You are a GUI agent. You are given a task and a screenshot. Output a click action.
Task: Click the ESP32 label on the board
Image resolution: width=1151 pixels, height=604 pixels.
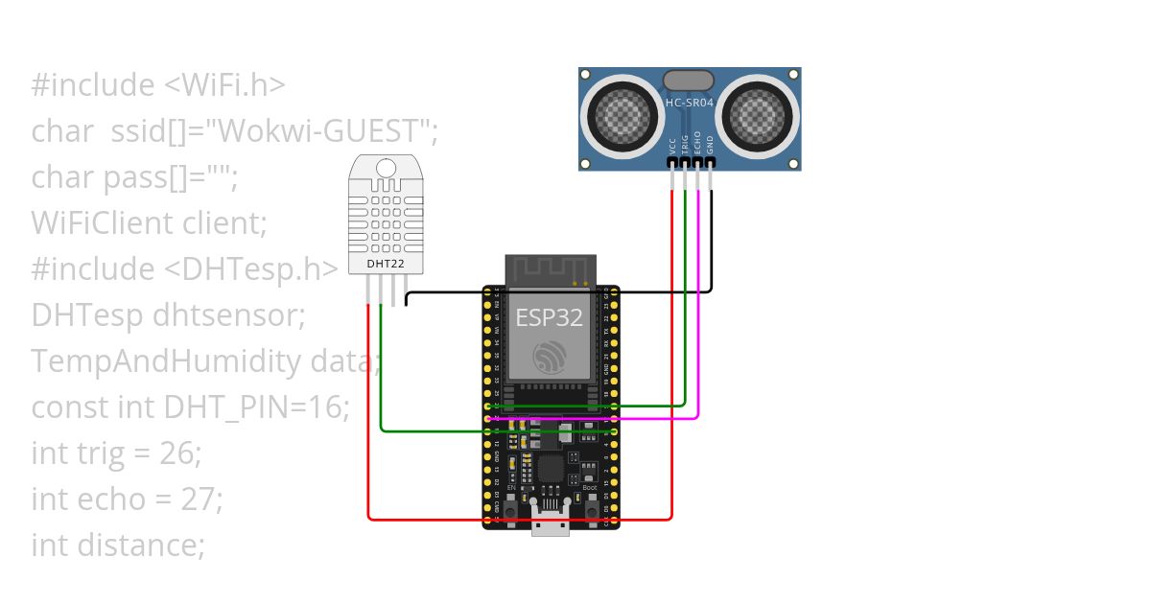[x=550, y=317]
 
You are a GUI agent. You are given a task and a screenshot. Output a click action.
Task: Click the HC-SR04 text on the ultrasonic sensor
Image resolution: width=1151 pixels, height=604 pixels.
[x=690, y=101]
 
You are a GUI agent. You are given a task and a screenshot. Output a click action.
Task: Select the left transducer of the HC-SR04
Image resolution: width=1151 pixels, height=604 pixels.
[x=622, y=114]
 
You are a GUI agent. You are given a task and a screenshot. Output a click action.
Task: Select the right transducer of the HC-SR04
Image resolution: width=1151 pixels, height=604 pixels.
[x=757, y=114]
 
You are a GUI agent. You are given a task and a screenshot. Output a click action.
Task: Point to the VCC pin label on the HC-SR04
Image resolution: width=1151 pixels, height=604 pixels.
[x=671, y=145]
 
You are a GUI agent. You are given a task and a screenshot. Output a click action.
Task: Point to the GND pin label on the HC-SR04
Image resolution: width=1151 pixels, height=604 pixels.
[x=710, y=145]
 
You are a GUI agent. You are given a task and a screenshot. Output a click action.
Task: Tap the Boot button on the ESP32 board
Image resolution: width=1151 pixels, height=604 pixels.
[x=590, y=508]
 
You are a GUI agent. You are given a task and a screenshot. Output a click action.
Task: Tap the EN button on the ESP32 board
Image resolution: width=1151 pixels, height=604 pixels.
[x=510, y=508]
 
